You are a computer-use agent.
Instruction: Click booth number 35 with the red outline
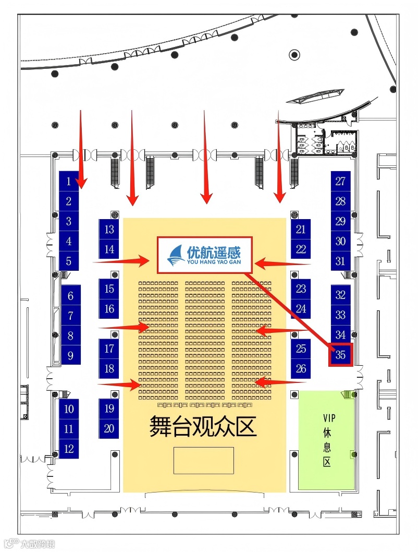click(x=341, y=355)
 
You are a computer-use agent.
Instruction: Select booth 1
click(x=69, y=181)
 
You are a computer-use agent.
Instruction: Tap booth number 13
click(x=109, y=229)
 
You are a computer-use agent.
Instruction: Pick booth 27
click(x=340, y=181)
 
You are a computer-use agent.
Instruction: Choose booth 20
click(x=109, y=428)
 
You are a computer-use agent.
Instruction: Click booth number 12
click(x=69, y=448)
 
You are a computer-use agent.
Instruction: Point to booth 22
click(x=301, y=249)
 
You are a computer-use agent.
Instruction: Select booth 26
click(x=301, y=368)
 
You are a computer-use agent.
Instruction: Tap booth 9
click(x=70, y=355)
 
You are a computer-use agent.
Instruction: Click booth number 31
click(x=340, y=261)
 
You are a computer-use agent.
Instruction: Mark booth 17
click(x=109, y=349)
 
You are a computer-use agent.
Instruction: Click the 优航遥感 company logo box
click(x=205, y=255)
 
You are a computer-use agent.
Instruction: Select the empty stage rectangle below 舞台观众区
click(x=203, y=460)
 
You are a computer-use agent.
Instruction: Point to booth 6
click(x=70, y=296)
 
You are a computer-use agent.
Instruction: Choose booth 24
click(x=301, y=308)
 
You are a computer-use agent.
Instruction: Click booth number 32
click(x=340, y=295)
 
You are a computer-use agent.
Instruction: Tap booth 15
click(x=109, y=289)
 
